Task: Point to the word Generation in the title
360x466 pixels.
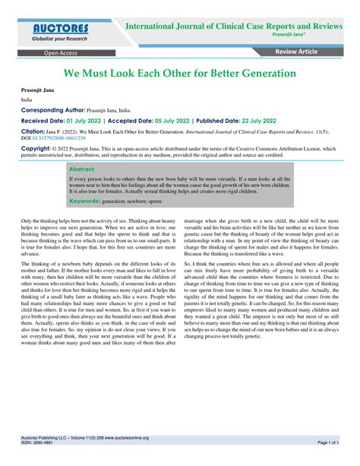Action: coord(255,74)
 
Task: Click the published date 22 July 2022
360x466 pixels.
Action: coord(251,120)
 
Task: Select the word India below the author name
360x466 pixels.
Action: coord(27,100)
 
